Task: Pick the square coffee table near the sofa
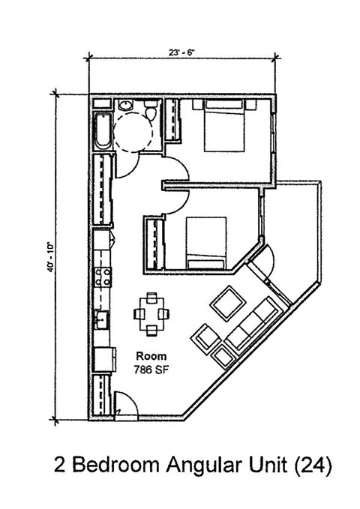(226, 304)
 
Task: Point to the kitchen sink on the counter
(101, 320)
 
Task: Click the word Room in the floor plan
(151, 356)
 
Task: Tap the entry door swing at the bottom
(126, 406)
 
